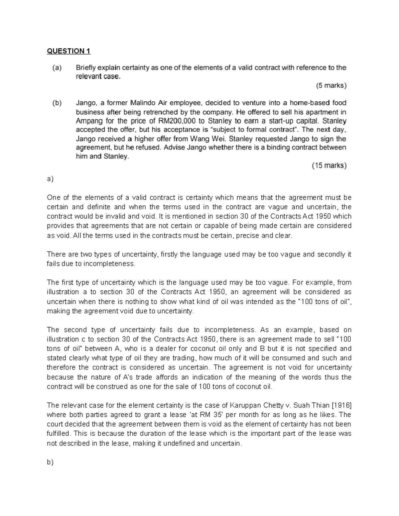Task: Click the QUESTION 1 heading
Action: pyautogui.click(x=68, y=51)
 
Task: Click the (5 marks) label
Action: pyautogui.click(x=331, y=86)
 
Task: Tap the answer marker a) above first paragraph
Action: pyautogui.click(x=50, y=179)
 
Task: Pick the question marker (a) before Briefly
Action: pyautogui.click(x=57, y=68)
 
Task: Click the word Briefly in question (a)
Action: pyautogui.click(x=87, y=68)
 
